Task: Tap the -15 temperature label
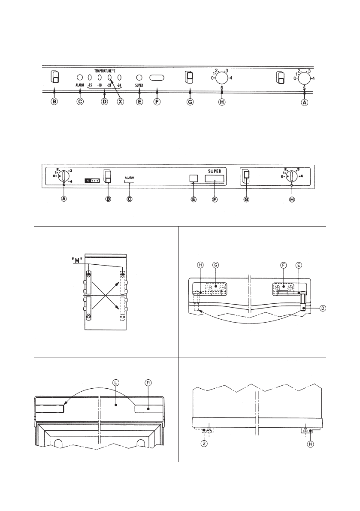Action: click(90, 85)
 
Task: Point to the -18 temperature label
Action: click(99, 85)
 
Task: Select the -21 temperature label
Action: click(109, 85)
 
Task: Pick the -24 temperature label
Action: click(119, 85)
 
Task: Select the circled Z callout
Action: click(204, 444)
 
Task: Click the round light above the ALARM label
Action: click(80, 78)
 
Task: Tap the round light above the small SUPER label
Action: click(139, 78)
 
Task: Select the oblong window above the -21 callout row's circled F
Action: click(157, 78)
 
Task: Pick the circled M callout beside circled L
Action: click(148, 382)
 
